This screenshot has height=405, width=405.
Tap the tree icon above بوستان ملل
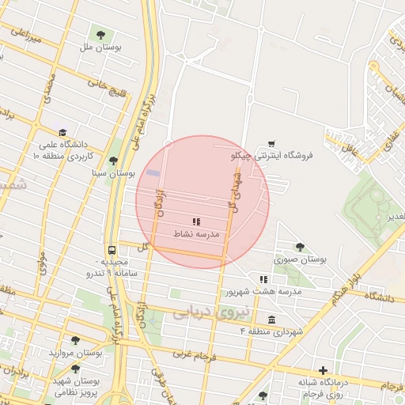pos(100,34)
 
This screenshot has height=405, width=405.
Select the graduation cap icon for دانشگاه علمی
pos(62,132)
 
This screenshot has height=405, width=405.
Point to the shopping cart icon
pos(272,143)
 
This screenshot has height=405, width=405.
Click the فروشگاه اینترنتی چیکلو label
pos(272,156)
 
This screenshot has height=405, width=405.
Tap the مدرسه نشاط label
pos(196,235)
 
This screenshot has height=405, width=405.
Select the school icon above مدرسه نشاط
pos(196,222)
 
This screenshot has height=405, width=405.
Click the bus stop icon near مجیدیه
pos(112,247)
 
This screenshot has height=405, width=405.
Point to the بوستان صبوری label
pos(301,259)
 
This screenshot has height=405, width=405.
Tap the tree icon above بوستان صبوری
pos(300,247)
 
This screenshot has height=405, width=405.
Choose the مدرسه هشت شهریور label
pos(264,291)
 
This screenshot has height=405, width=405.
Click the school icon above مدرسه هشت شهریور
pos(264,279)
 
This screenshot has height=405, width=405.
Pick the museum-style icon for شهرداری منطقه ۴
pos(272,320)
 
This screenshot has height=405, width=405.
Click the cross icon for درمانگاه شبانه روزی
pos(323,370)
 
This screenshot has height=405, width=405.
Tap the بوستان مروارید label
pos(76,352)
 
